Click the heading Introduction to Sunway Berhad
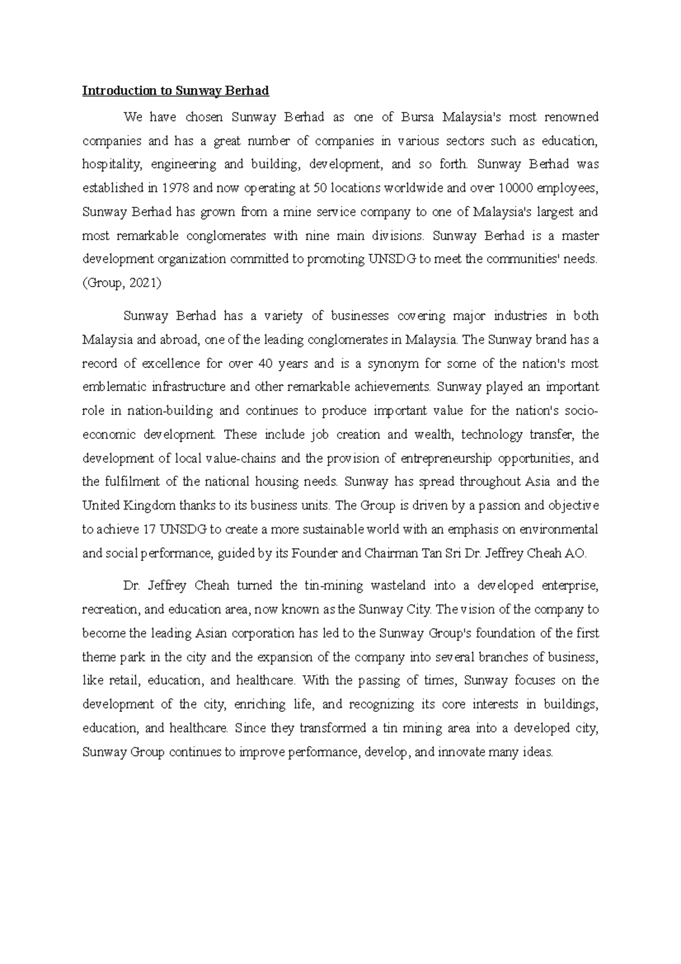pyautogui.click(x=175, y=90)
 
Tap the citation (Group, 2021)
pyautogui.click(x=121, y=283)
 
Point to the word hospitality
pyautogui.click(x=110, y=165)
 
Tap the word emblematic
pyautogui.click(x=114, y=387)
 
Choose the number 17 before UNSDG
pyautogui.click(x=149, y=530)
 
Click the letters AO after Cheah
pyautogui.click(x=575, y=554)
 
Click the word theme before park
pyautogui.click(x=99, y=657)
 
